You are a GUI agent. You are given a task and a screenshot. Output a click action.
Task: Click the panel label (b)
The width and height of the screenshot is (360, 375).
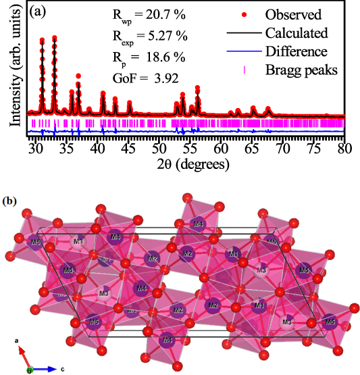[9, 201]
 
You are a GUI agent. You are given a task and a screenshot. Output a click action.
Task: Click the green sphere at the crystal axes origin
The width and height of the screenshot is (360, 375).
[30, 370]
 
